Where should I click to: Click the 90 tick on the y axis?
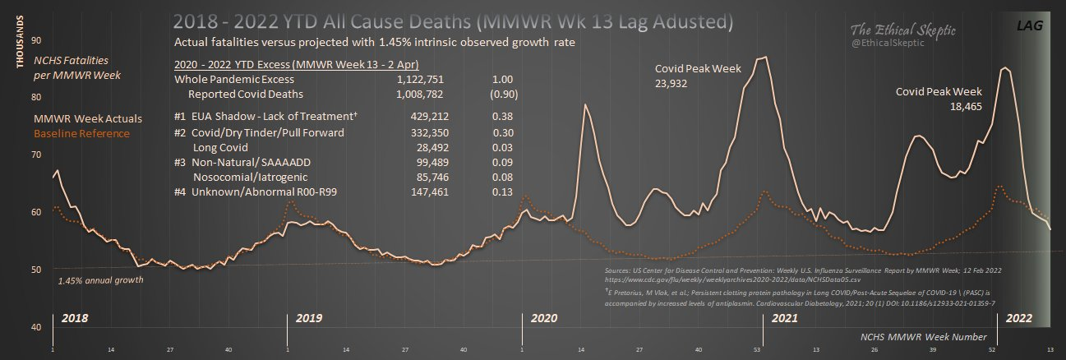[35, 40]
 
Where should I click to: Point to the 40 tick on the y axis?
[35, 327]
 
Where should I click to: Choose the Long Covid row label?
[222, 146]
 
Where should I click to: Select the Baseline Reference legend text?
[81, 133]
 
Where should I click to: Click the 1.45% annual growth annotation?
[101, 280]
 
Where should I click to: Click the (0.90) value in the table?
[501, 95]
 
